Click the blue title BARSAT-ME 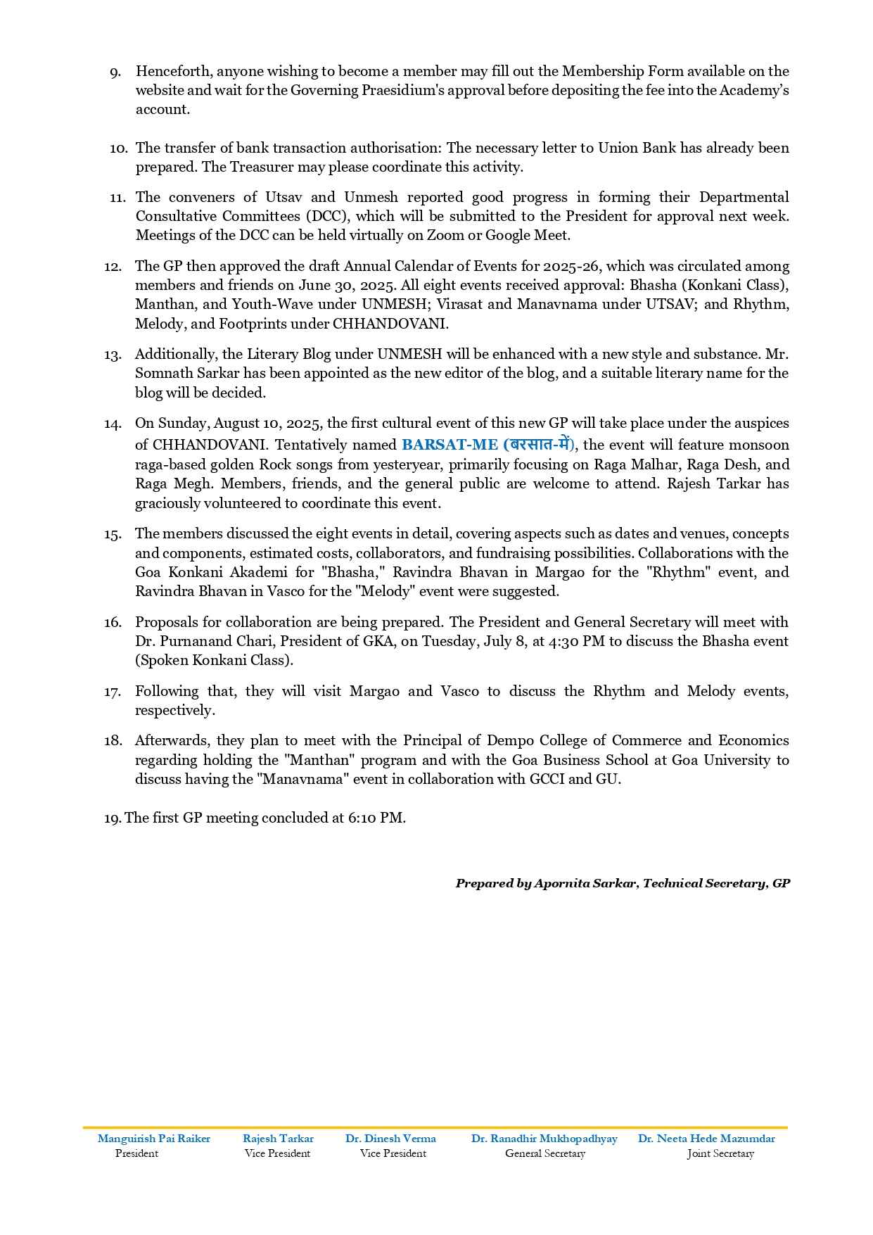450,445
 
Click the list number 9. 115,72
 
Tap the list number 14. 113,424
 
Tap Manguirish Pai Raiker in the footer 154,1139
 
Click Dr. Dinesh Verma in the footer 390,1139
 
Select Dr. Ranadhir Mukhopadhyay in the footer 544,1139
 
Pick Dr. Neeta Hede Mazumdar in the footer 706,1139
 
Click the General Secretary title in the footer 544,1153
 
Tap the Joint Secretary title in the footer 720,1153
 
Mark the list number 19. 113,818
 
